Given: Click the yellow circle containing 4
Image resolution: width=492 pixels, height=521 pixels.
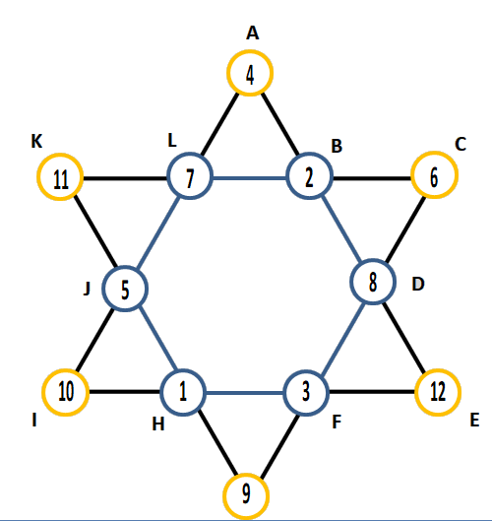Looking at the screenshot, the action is [250, 50].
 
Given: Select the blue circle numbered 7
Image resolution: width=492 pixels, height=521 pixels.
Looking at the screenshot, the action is [190, 153].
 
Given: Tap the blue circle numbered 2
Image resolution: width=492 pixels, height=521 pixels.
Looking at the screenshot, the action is [309, 153].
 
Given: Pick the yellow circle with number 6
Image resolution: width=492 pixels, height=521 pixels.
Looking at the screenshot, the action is [435, 152].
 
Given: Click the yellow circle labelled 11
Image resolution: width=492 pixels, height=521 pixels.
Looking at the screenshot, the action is [60, 154].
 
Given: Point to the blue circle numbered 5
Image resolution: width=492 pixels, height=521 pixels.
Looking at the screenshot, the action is [125, 266].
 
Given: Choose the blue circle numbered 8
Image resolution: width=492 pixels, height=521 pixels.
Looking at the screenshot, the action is [373, 259].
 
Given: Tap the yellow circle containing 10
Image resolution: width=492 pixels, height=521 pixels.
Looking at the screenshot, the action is [66, 369].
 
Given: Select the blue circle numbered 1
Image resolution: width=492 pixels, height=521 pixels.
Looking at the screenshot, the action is [183, 369].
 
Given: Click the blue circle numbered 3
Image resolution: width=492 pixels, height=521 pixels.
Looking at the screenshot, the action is [306, 370].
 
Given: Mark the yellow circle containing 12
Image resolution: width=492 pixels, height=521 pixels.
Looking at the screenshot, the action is [438, 369].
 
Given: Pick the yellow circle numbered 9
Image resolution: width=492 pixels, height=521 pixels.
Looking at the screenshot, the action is [246, 474].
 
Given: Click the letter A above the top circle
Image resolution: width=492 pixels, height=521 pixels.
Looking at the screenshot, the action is [252, 33].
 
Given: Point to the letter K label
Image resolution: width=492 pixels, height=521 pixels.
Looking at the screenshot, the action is [36, 141].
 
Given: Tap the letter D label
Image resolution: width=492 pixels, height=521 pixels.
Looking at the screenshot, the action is [418, 284].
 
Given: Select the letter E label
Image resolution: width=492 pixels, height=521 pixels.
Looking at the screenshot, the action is [474, 420].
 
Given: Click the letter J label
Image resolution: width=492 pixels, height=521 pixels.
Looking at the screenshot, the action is [87, 289].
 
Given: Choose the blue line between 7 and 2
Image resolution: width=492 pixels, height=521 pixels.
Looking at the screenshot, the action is [250, 178].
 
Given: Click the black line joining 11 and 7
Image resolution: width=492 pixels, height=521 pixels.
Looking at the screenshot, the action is [125, 178].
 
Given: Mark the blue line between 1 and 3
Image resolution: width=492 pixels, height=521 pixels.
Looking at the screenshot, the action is [245, 393].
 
